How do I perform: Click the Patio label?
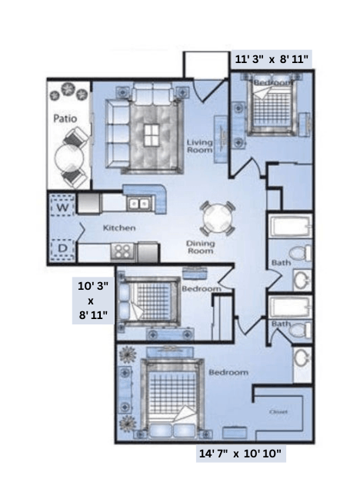[x=63, y=119]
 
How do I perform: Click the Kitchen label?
[x=119, y=228]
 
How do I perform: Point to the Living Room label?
[x=200, y=146]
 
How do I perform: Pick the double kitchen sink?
[x=139, y=204]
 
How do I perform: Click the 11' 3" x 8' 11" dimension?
[x=271, y=58]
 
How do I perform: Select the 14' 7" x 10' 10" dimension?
[x=241, y=454]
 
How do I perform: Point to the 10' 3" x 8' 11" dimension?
[x=93, y=301]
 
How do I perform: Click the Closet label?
[x=278, y=412]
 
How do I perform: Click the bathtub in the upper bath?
[x=291, y=228]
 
